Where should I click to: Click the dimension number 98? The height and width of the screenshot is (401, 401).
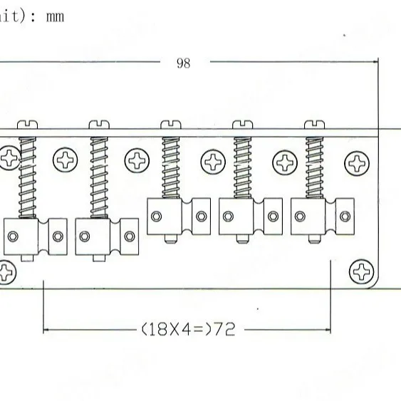[x=184, y=63]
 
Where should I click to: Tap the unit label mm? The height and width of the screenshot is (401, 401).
[x=55, y=15]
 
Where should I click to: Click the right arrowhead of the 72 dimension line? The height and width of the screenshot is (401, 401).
[x=328, y=330]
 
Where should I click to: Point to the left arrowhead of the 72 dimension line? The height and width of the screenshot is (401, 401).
[x=47, y=330]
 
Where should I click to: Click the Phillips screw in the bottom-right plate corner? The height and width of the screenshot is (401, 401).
[x=363, y=271]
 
